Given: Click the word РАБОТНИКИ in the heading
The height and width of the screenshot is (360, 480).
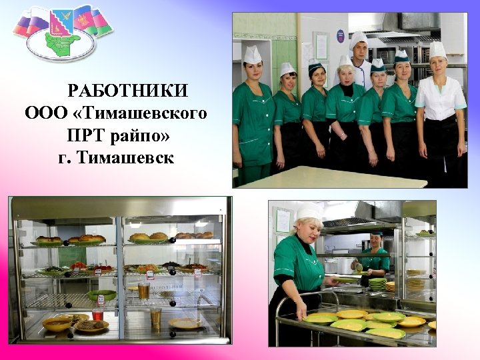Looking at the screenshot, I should coord(128,90).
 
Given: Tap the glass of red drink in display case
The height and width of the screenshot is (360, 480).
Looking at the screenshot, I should coord(97,313).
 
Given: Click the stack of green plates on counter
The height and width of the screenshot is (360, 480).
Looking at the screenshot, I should coord(377,283).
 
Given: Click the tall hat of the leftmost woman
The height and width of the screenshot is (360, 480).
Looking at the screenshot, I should coord(253,55).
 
